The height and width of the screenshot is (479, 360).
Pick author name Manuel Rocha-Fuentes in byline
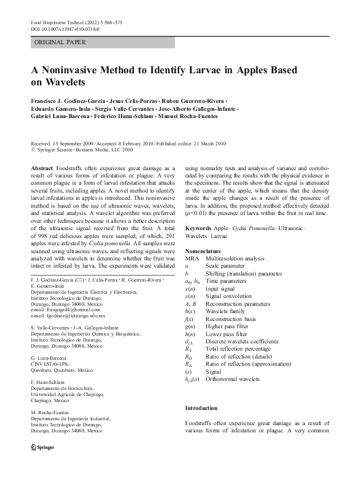pos(188,115)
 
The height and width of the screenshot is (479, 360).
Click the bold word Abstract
pos(42,167)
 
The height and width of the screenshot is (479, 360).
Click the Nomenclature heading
pos(203,251)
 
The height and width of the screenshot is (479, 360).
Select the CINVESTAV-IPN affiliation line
pos(54,365)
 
